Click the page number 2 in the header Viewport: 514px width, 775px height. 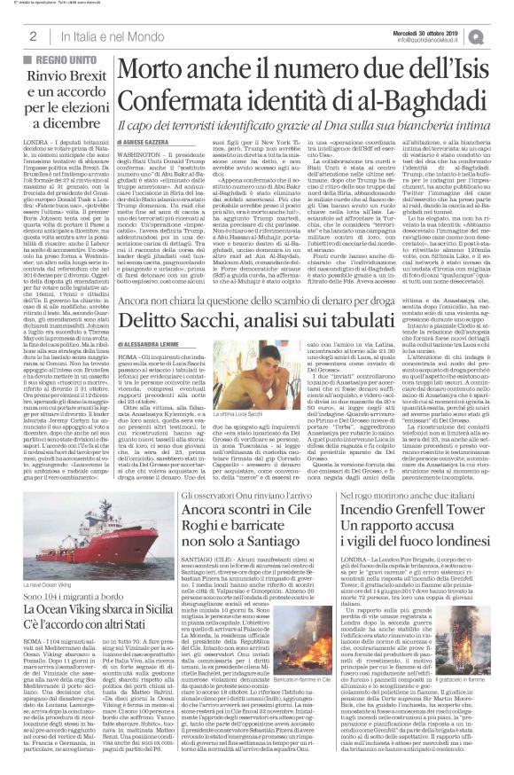tap(32, 35)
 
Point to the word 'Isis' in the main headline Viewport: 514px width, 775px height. tap(461, 68)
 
